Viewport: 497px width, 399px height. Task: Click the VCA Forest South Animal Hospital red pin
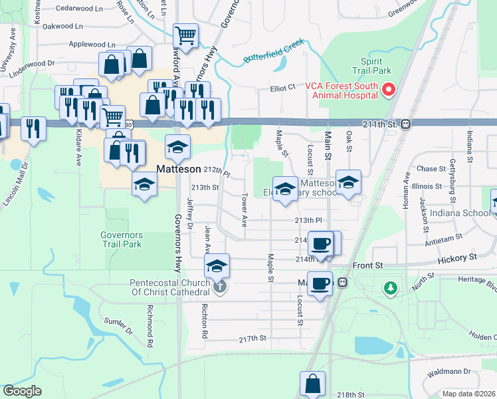[x=389, y=89]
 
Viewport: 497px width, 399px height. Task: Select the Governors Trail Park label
[x=121, y=239]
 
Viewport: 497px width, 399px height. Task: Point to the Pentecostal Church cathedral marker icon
[x=220, y=287]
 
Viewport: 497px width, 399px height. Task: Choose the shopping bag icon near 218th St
[x=312, y=384]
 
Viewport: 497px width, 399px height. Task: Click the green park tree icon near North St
[x=390, y=288]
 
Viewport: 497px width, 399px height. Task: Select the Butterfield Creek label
[x=273, y=51]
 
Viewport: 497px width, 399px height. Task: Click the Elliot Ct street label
[x=282, y=87]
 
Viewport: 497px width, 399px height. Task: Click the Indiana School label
[x=458, y=214]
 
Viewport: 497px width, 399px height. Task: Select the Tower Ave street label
[x=245, y=207]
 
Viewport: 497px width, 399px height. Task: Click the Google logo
[x=22, y=391]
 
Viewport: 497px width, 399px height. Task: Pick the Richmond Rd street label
[x=150, y=318]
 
